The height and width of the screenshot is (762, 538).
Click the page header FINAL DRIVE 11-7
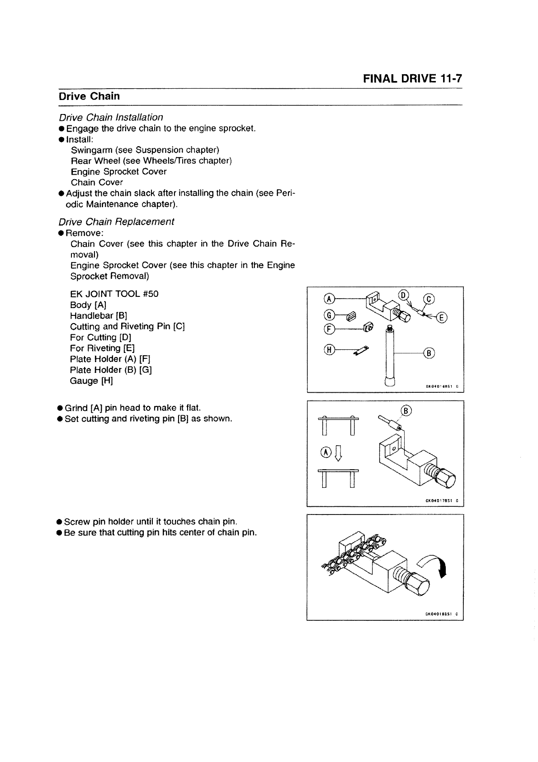pyautogui.click(x=412, y=78)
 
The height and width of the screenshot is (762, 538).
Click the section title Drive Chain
pyautogui.click(x=89, y=96)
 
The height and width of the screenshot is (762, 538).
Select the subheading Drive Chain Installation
pyautogui.click(x=111, y=117)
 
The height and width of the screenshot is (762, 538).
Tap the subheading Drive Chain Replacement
pyautogui.click(x=116, y=222)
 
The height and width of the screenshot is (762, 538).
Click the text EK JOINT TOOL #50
pyautogui.click(x=114, y=294)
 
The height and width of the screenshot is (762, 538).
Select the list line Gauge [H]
pyautogui.click(x=91, y=381)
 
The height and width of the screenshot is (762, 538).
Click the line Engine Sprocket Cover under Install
pyautogui.click(x=118, y=171)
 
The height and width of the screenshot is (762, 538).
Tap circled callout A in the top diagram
pyautogui.click(x=330, y=299)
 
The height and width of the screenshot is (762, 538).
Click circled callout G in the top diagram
pyautogui.click(x=330, y=314)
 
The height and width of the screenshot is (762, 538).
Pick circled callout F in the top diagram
pyautogui.click(x=330, y=330)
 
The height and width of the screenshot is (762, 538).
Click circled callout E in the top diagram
pyautogui.click(x=443, y=318)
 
